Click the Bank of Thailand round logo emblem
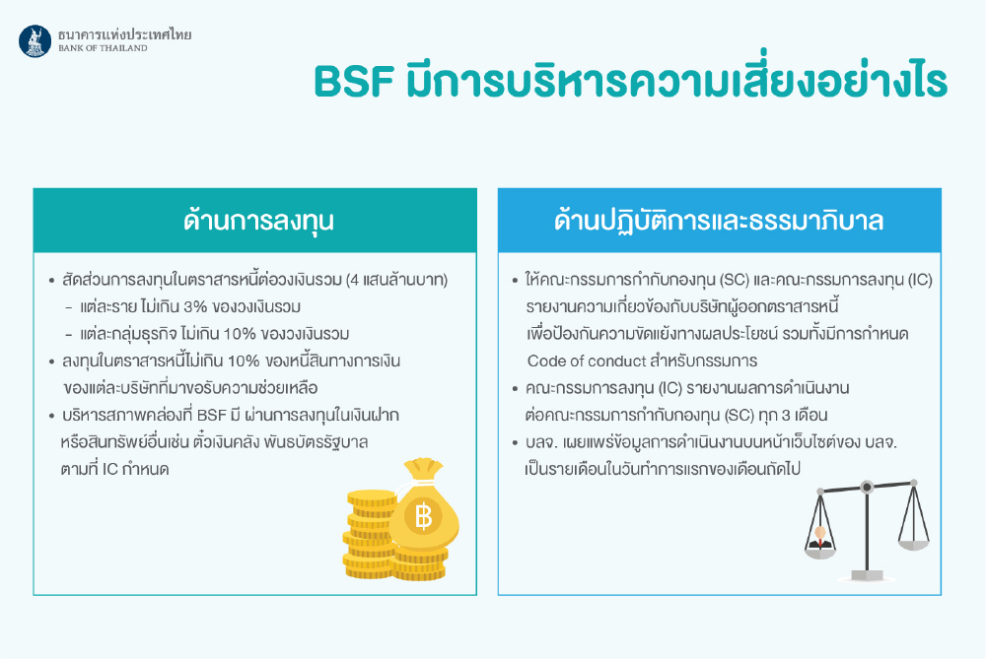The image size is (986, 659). point(35,40)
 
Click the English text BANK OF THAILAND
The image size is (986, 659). point(104,47)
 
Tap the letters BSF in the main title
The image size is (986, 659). point(354,81)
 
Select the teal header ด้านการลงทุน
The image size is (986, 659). point(255,221)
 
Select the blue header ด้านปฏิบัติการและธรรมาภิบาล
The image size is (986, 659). point(720,221)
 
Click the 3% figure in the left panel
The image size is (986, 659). point(195,307)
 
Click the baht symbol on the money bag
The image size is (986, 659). point(423,516)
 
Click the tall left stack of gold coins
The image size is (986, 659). point(369,534)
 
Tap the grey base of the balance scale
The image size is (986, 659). point(867,576)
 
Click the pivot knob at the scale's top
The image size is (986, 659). point(867,487)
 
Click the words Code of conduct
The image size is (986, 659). point(586,362)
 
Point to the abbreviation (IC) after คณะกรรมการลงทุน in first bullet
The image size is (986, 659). point(920,280)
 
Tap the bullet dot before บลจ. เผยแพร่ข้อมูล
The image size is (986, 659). point(515,443)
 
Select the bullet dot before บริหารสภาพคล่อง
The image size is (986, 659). point(51,416)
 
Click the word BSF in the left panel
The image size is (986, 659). point(211,416)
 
